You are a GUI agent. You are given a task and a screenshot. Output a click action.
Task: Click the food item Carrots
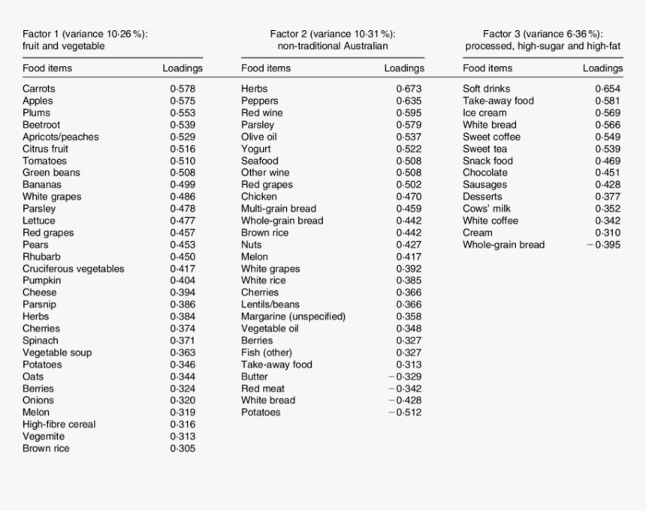click(38, 89)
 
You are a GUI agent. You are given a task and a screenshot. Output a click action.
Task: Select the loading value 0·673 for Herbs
click(409, 89)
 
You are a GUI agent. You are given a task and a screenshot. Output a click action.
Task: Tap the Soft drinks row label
click(486, 89)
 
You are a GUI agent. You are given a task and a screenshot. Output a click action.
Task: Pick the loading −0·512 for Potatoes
click(405, 413)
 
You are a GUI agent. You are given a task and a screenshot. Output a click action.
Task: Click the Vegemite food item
click(44, 437)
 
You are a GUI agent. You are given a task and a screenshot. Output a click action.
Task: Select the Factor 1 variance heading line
click(85, 34)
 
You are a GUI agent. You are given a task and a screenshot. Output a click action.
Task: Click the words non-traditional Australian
click(332, 46)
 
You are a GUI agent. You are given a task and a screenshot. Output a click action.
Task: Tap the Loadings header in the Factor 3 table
click(602, 68)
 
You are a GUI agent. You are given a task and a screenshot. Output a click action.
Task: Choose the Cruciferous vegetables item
click(74, 268)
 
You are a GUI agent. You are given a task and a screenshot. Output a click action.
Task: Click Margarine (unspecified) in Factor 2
click(293, 316)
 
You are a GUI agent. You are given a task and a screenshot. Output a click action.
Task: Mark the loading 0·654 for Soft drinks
click(608, 89)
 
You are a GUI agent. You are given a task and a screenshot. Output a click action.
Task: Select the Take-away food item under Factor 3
click(498, 101)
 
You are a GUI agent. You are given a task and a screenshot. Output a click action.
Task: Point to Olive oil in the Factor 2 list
click(258, 137)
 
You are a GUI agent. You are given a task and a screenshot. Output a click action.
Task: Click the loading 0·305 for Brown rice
click(183, 449)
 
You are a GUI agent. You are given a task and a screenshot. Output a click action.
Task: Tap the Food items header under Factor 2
click(266, 68)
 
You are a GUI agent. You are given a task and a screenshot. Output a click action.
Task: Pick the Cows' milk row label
click(487, 209)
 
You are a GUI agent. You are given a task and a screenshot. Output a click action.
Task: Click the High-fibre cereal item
click(59, 425)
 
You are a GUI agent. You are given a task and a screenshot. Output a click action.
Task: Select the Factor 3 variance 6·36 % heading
click(542, 34)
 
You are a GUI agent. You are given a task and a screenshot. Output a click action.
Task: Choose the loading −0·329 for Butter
click(405, 376)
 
